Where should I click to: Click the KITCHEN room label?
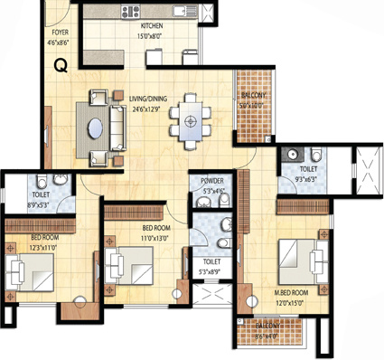click(x=151, y=27)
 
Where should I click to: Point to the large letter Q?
click(x=60, y=66)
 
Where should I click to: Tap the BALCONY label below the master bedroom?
click(x=268, y=325)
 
